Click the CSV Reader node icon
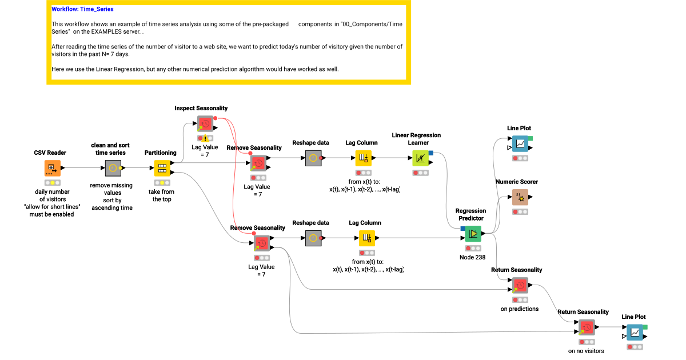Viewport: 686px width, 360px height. click(x=52, y=168)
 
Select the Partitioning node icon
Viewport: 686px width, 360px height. click(x=162, y=168)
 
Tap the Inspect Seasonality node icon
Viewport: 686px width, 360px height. click(x=205, y=123)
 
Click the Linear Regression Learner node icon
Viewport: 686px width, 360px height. click(x=421, y=158)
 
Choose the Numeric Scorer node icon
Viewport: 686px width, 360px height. click(x=520, y=197)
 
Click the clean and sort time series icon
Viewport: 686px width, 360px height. click(x=113, y=168)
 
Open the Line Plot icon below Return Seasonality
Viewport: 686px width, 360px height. click(x=635, y=332)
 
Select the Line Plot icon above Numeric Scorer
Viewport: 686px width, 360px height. click(x=520, y=143)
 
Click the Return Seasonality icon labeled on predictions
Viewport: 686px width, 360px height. click(x=520, y=285)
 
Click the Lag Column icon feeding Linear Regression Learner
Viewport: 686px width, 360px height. click(x=363, y=158)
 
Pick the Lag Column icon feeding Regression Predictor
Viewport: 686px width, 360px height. click(x=366, y=238)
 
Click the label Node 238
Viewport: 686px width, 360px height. click(x=472, y=257)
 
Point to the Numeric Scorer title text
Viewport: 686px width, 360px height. click(x=516, y=182)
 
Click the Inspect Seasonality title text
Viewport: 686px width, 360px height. click(x=201, y=108)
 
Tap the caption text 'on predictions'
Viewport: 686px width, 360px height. click(x=519, y=309)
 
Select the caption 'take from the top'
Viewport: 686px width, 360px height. click(x=161, y=195)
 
